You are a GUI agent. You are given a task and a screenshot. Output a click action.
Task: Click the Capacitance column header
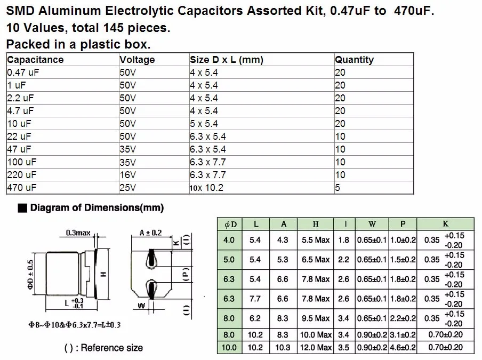(x=35, y=60)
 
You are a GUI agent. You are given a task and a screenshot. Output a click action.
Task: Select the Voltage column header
(x=137, y=60)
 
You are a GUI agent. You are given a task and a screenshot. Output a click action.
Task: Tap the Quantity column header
(x=354, y=60)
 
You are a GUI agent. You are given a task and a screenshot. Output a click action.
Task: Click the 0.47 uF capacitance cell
(x=21, y=73)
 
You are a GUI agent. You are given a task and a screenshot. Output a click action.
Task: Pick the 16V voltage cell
(x=127, y=175)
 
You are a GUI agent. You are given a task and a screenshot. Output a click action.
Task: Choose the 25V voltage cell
(x=127, y=188)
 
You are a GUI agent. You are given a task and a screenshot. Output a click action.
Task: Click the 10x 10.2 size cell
(x=206, y=188)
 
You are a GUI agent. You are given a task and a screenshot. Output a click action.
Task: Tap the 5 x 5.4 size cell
(x=204, y=124)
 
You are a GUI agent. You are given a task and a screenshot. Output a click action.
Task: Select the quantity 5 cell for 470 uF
(x=338, y=188)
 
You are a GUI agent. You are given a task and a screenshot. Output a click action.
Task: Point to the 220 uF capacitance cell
(x=22, y=175)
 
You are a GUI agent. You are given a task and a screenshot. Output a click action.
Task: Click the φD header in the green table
(x=230, y=224)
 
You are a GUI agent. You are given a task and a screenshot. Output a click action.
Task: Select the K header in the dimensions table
(x=446, y=224)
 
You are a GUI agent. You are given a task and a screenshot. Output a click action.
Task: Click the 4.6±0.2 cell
(x=403, y=348)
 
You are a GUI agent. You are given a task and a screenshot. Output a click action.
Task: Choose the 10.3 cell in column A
(x=283, y=348)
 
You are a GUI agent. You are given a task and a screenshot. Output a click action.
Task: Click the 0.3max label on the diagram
(x=77, y=233)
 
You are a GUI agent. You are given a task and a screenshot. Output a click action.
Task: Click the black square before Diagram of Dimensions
(x=22, y=209)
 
